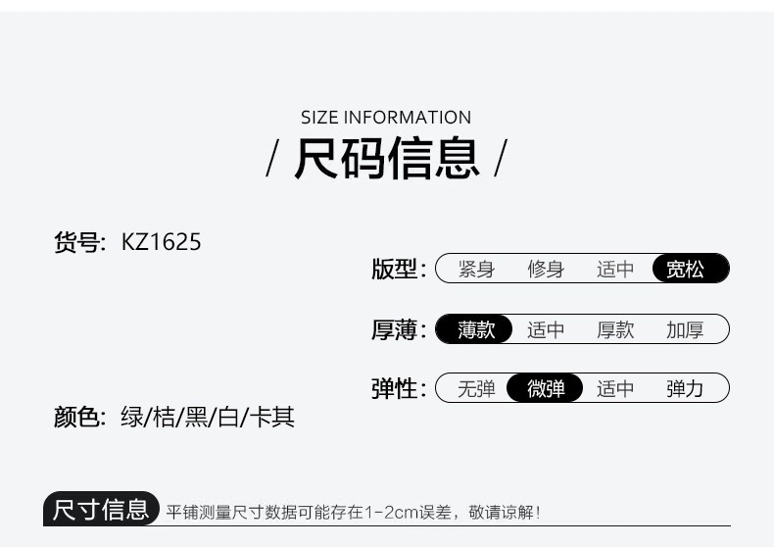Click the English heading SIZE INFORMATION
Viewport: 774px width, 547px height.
[386, 118]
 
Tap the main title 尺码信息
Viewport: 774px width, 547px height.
[387, 160]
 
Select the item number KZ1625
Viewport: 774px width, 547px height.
[162, 241]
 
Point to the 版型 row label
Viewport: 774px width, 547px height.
[395, 270]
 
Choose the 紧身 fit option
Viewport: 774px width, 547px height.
[476, 270]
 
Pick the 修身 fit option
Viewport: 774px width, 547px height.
[546, 270]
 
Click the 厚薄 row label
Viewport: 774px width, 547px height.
[395, 329]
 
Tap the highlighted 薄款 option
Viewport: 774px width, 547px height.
[476, 329]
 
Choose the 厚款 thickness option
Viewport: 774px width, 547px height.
[615, 329]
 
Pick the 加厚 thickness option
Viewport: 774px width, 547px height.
[685, 329]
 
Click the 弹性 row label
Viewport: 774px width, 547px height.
[395, 389]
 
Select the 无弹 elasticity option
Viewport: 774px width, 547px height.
[476, 389]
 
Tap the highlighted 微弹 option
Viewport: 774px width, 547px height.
[546, 389]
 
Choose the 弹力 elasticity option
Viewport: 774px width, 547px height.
[685, 389]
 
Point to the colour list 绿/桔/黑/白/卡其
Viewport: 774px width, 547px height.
[207, 418]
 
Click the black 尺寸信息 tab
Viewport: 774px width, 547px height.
[102, 510]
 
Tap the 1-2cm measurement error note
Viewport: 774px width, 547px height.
[353, 512]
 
